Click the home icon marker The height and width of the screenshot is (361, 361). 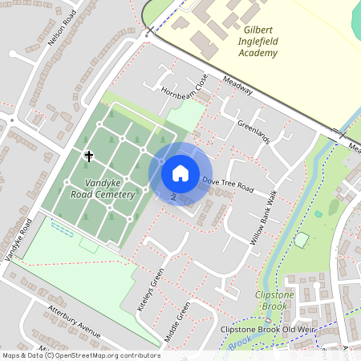180,172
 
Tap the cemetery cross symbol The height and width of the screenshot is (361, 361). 88,156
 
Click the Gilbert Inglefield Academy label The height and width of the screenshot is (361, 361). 258,42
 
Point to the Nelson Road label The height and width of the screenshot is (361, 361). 61,30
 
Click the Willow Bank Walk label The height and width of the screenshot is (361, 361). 262,219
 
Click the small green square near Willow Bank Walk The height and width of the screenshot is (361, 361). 301,239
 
